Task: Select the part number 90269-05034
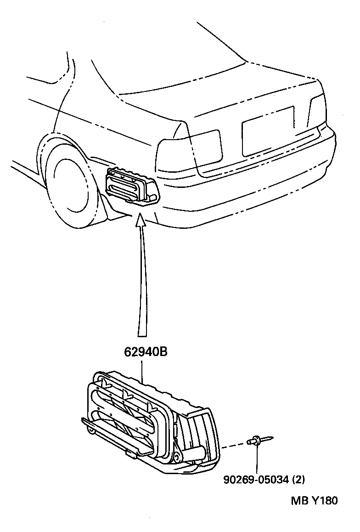click(257, 480)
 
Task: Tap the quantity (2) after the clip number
click(298, 480)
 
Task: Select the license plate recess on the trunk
click(268, 130)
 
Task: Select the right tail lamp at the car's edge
click(317, 110)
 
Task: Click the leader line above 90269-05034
click(257, 459)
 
